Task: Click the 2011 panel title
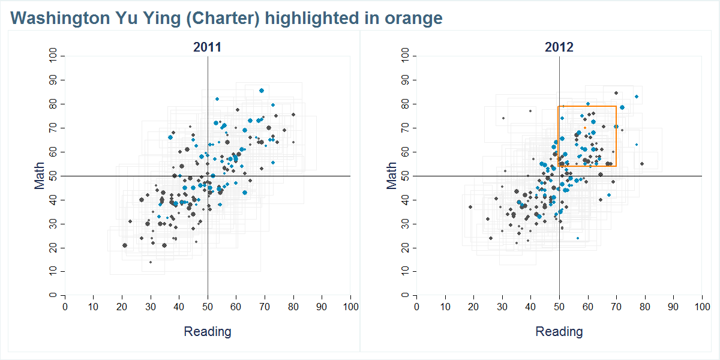[x=207, y=47]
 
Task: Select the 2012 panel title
[x=559, y=47]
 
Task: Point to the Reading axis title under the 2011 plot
[x=207, y=332]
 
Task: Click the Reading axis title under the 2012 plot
[x=559, y=332]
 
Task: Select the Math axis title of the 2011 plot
[x=40, y=176]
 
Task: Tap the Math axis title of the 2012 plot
[x=392, y=176]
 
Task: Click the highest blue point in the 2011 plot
[x=262, y=91]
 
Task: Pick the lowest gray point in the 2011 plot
[x=151, y=262]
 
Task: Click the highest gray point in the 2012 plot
[x=616, y=93]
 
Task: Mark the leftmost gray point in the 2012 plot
[x=470, y=207]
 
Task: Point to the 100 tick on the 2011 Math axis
[x=53, y=56]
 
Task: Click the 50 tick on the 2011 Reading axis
[x=208, y=307]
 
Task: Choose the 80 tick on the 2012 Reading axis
[x=645, y=307]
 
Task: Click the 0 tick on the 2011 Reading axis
[x=65, y=307]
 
